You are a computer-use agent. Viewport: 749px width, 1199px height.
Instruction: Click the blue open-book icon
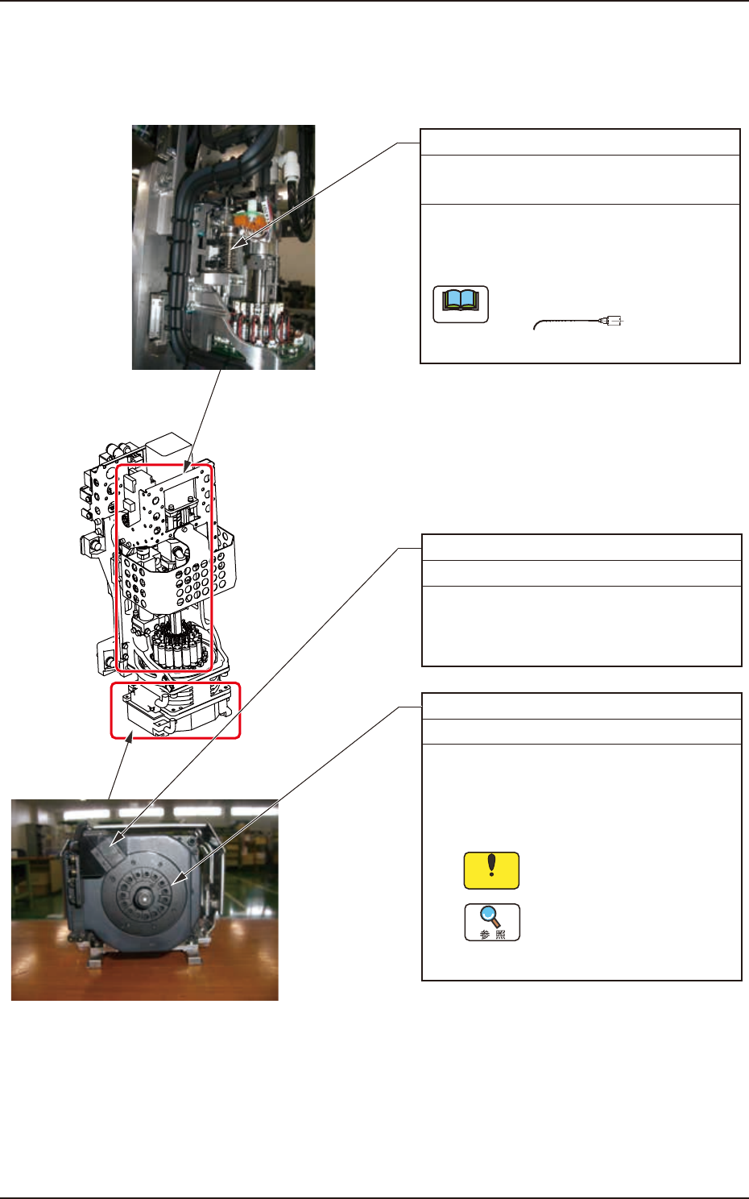(461, 304)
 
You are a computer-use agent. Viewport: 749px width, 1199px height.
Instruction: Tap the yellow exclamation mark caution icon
(491, 870)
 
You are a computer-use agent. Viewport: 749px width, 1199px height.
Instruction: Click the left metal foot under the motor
(100, 960)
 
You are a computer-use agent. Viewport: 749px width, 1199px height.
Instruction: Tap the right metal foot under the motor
(193, 959)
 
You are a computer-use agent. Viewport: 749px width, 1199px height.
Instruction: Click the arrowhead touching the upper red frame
(188, 467)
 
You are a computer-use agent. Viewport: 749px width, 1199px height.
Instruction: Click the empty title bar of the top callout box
(580, 142)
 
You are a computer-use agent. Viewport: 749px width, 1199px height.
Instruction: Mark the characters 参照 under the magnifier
(492, 935)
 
